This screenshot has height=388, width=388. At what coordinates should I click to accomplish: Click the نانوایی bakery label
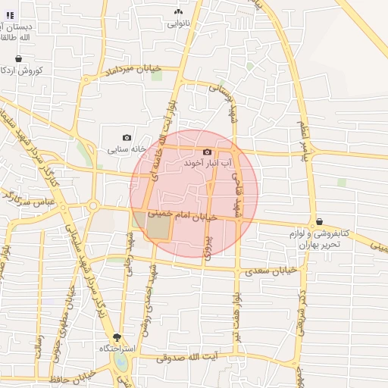click(x=179, y=23)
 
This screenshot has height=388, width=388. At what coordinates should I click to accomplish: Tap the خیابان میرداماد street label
click(x=134, y=73)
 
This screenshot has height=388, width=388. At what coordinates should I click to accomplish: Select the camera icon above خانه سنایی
click(x=127, y=137)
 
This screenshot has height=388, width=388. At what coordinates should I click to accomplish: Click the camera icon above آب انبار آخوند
click(x=207, y=152)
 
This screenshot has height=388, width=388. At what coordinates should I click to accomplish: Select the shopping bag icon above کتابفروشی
click(x=320, y=221)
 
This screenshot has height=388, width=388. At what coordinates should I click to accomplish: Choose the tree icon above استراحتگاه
click(x=117, y=336)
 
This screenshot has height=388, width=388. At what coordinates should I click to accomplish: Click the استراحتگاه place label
click(x=117, y=349)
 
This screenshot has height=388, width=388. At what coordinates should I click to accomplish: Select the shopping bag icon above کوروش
click(x=18, y=58)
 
